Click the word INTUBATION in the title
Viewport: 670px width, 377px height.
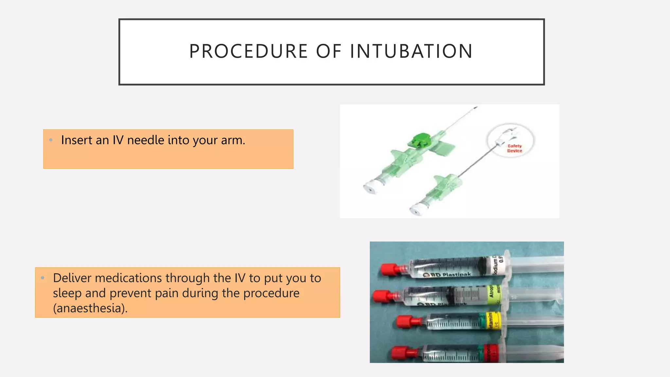point(411,51)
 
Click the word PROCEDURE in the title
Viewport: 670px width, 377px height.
point(249,51)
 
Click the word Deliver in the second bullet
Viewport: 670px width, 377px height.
point(72,278)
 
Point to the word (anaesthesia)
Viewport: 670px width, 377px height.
point(90,308)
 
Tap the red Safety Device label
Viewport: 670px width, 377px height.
point(515,148)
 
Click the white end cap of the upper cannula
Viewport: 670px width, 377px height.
point(371,188)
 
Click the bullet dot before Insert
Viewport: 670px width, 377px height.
point(51,140)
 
